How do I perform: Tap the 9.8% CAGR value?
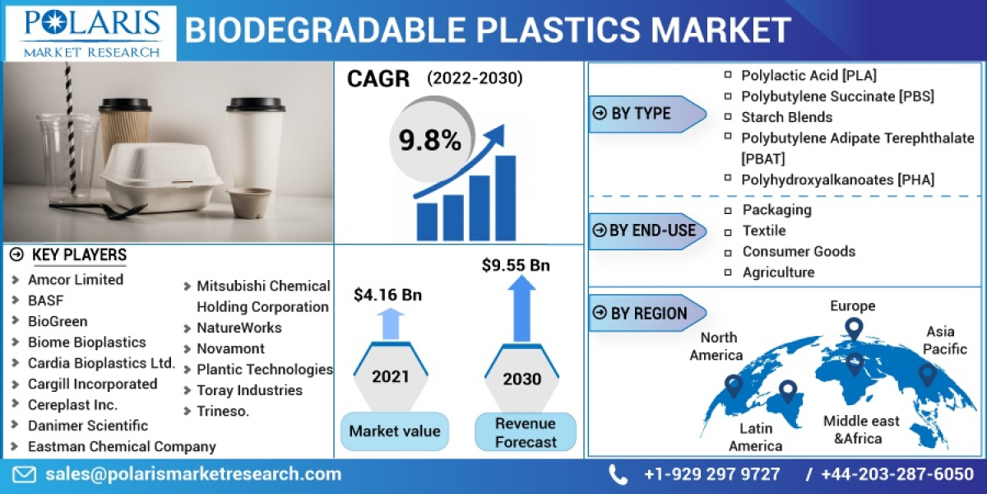coord(430,141)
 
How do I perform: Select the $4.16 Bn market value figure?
coord(387,294)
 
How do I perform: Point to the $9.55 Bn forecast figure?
coord(516,265)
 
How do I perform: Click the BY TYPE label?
coord(641,114)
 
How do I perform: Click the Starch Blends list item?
coord(786,117)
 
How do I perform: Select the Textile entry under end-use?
coord(763,231)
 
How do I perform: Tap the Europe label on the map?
coord(852,306)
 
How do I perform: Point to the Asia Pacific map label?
coord(940,339)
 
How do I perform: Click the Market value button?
coord(394,431)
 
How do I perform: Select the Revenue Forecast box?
coord(525,432)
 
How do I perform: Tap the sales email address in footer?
coord(192,474)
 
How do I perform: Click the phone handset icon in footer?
coord(618,474)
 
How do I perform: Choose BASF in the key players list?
coord(45,301)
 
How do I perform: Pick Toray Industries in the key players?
coord(249,390)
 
